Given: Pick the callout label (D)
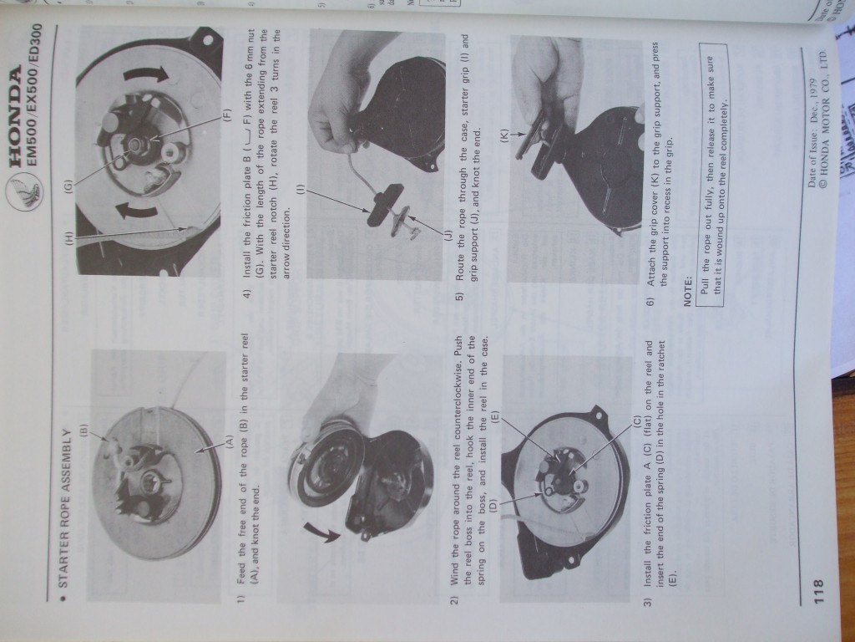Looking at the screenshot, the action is pyautogui.click(x=493, y=505).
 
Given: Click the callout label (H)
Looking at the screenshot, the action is pyautogui.click(x=68, y=238).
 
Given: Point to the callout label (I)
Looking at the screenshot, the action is pyautogui.click(x=300, y=190).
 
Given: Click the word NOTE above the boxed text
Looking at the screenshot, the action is pyautogui.click(x=687, y=292).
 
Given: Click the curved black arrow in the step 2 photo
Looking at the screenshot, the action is pyautogui.click(x=321, y=533).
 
